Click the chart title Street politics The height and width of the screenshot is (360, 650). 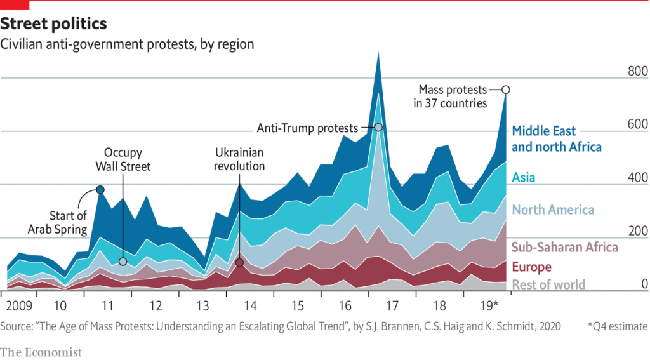[53, 24]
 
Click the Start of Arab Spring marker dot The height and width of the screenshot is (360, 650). [100, 189]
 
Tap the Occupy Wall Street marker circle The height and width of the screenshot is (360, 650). [123, 262]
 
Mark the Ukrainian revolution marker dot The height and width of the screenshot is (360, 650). [239, 262]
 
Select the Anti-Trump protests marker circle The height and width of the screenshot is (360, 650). [378, 128]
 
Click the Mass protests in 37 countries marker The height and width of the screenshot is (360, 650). [506, 90]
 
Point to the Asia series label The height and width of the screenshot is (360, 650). [524, 177]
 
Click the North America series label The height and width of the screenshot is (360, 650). [553, 210]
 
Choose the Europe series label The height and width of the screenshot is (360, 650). [531, 267]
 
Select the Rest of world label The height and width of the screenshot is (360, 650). [548, 284]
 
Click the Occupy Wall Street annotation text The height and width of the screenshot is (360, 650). [123, 159]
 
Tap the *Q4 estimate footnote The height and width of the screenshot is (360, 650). [617, 326]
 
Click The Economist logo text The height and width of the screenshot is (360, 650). [41, 351]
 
